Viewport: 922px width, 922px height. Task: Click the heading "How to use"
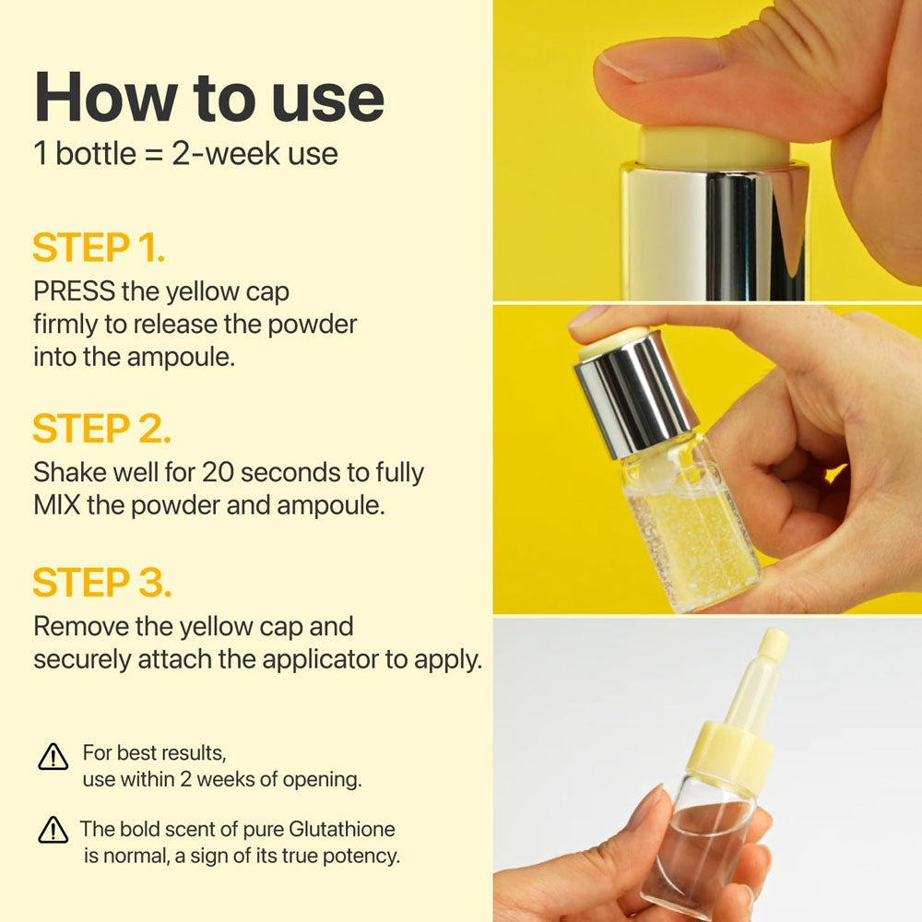click(x=209, y=97)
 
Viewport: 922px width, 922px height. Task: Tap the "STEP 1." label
click(x=99, y=249)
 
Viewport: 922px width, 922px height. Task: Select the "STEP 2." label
click(x=101, y=430)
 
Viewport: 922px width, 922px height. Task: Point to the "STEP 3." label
click(x=101, y=584)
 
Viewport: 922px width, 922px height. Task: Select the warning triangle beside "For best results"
click(x=53, y=758)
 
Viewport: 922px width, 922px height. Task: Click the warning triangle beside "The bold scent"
click(x=53, y=832)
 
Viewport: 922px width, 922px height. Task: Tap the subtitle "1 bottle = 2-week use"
click(x=185, y=152)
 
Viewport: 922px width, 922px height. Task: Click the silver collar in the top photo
click(x=715, y=230)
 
